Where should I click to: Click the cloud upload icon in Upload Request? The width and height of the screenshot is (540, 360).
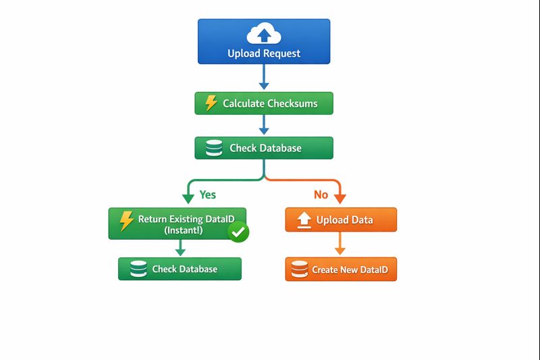(x=264, y=33)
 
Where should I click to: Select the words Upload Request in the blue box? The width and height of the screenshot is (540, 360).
(x=264, y=53)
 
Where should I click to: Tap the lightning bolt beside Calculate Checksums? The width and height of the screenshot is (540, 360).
(x=211, y=103)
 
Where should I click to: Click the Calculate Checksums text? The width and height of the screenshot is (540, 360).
(x=270, y=103)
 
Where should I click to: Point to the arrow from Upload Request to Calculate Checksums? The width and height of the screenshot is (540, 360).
(x=264, y=77)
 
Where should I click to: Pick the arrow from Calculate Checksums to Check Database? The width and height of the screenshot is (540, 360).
(x=264, y=124)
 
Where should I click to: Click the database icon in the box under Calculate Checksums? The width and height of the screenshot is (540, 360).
(x=214, y=148)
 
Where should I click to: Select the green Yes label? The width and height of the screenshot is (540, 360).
(x=208, y=195)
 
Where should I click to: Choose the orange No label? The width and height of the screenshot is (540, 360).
(x=321, y=195)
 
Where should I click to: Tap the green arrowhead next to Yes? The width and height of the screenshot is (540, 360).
(x=188, y=199)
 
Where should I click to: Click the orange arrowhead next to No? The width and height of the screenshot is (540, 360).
(x=340, y=199)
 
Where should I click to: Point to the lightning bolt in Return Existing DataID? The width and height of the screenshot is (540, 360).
(x=126, y=220)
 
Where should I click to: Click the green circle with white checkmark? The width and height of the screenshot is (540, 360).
(x=238, y=232)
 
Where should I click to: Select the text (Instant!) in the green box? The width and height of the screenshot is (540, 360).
(x=184, y=230)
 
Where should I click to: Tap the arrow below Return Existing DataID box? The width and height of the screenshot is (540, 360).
(x=180, y=248)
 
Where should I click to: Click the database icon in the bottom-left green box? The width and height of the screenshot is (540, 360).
(x=138, y=269)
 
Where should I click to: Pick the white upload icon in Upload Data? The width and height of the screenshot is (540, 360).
(x=304, y=220)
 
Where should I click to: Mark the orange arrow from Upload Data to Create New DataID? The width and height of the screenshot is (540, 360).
(x=340, y=243)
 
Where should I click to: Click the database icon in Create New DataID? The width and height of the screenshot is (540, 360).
(x=300, y=269)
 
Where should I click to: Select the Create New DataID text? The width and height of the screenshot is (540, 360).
(x=350, y=269)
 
